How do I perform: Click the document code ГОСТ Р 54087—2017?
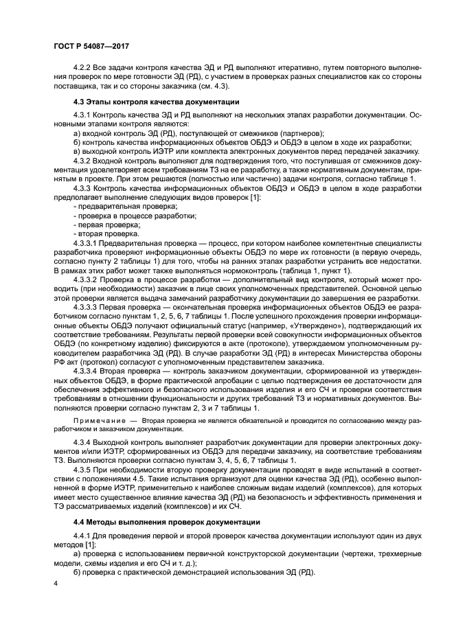(x=91, y=45)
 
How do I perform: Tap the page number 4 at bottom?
(x=54, y=583)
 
